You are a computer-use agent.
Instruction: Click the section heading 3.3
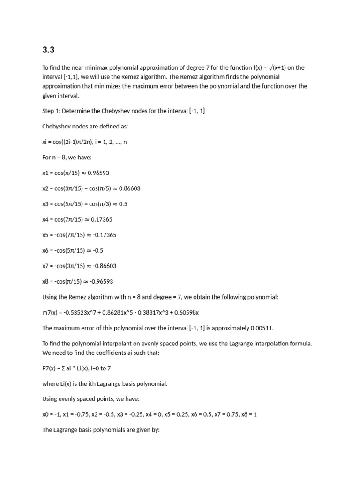(48, 49)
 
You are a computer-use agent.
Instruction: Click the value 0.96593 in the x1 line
(98, 173)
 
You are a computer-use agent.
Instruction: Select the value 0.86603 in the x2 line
(130, 188)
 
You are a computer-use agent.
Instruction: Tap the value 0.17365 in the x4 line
(102, 219)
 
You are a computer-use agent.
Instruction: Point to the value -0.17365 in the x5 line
(105, 235)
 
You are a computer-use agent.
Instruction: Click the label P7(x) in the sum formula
(50, 368)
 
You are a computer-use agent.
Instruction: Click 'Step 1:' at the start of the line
(51, 111)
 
